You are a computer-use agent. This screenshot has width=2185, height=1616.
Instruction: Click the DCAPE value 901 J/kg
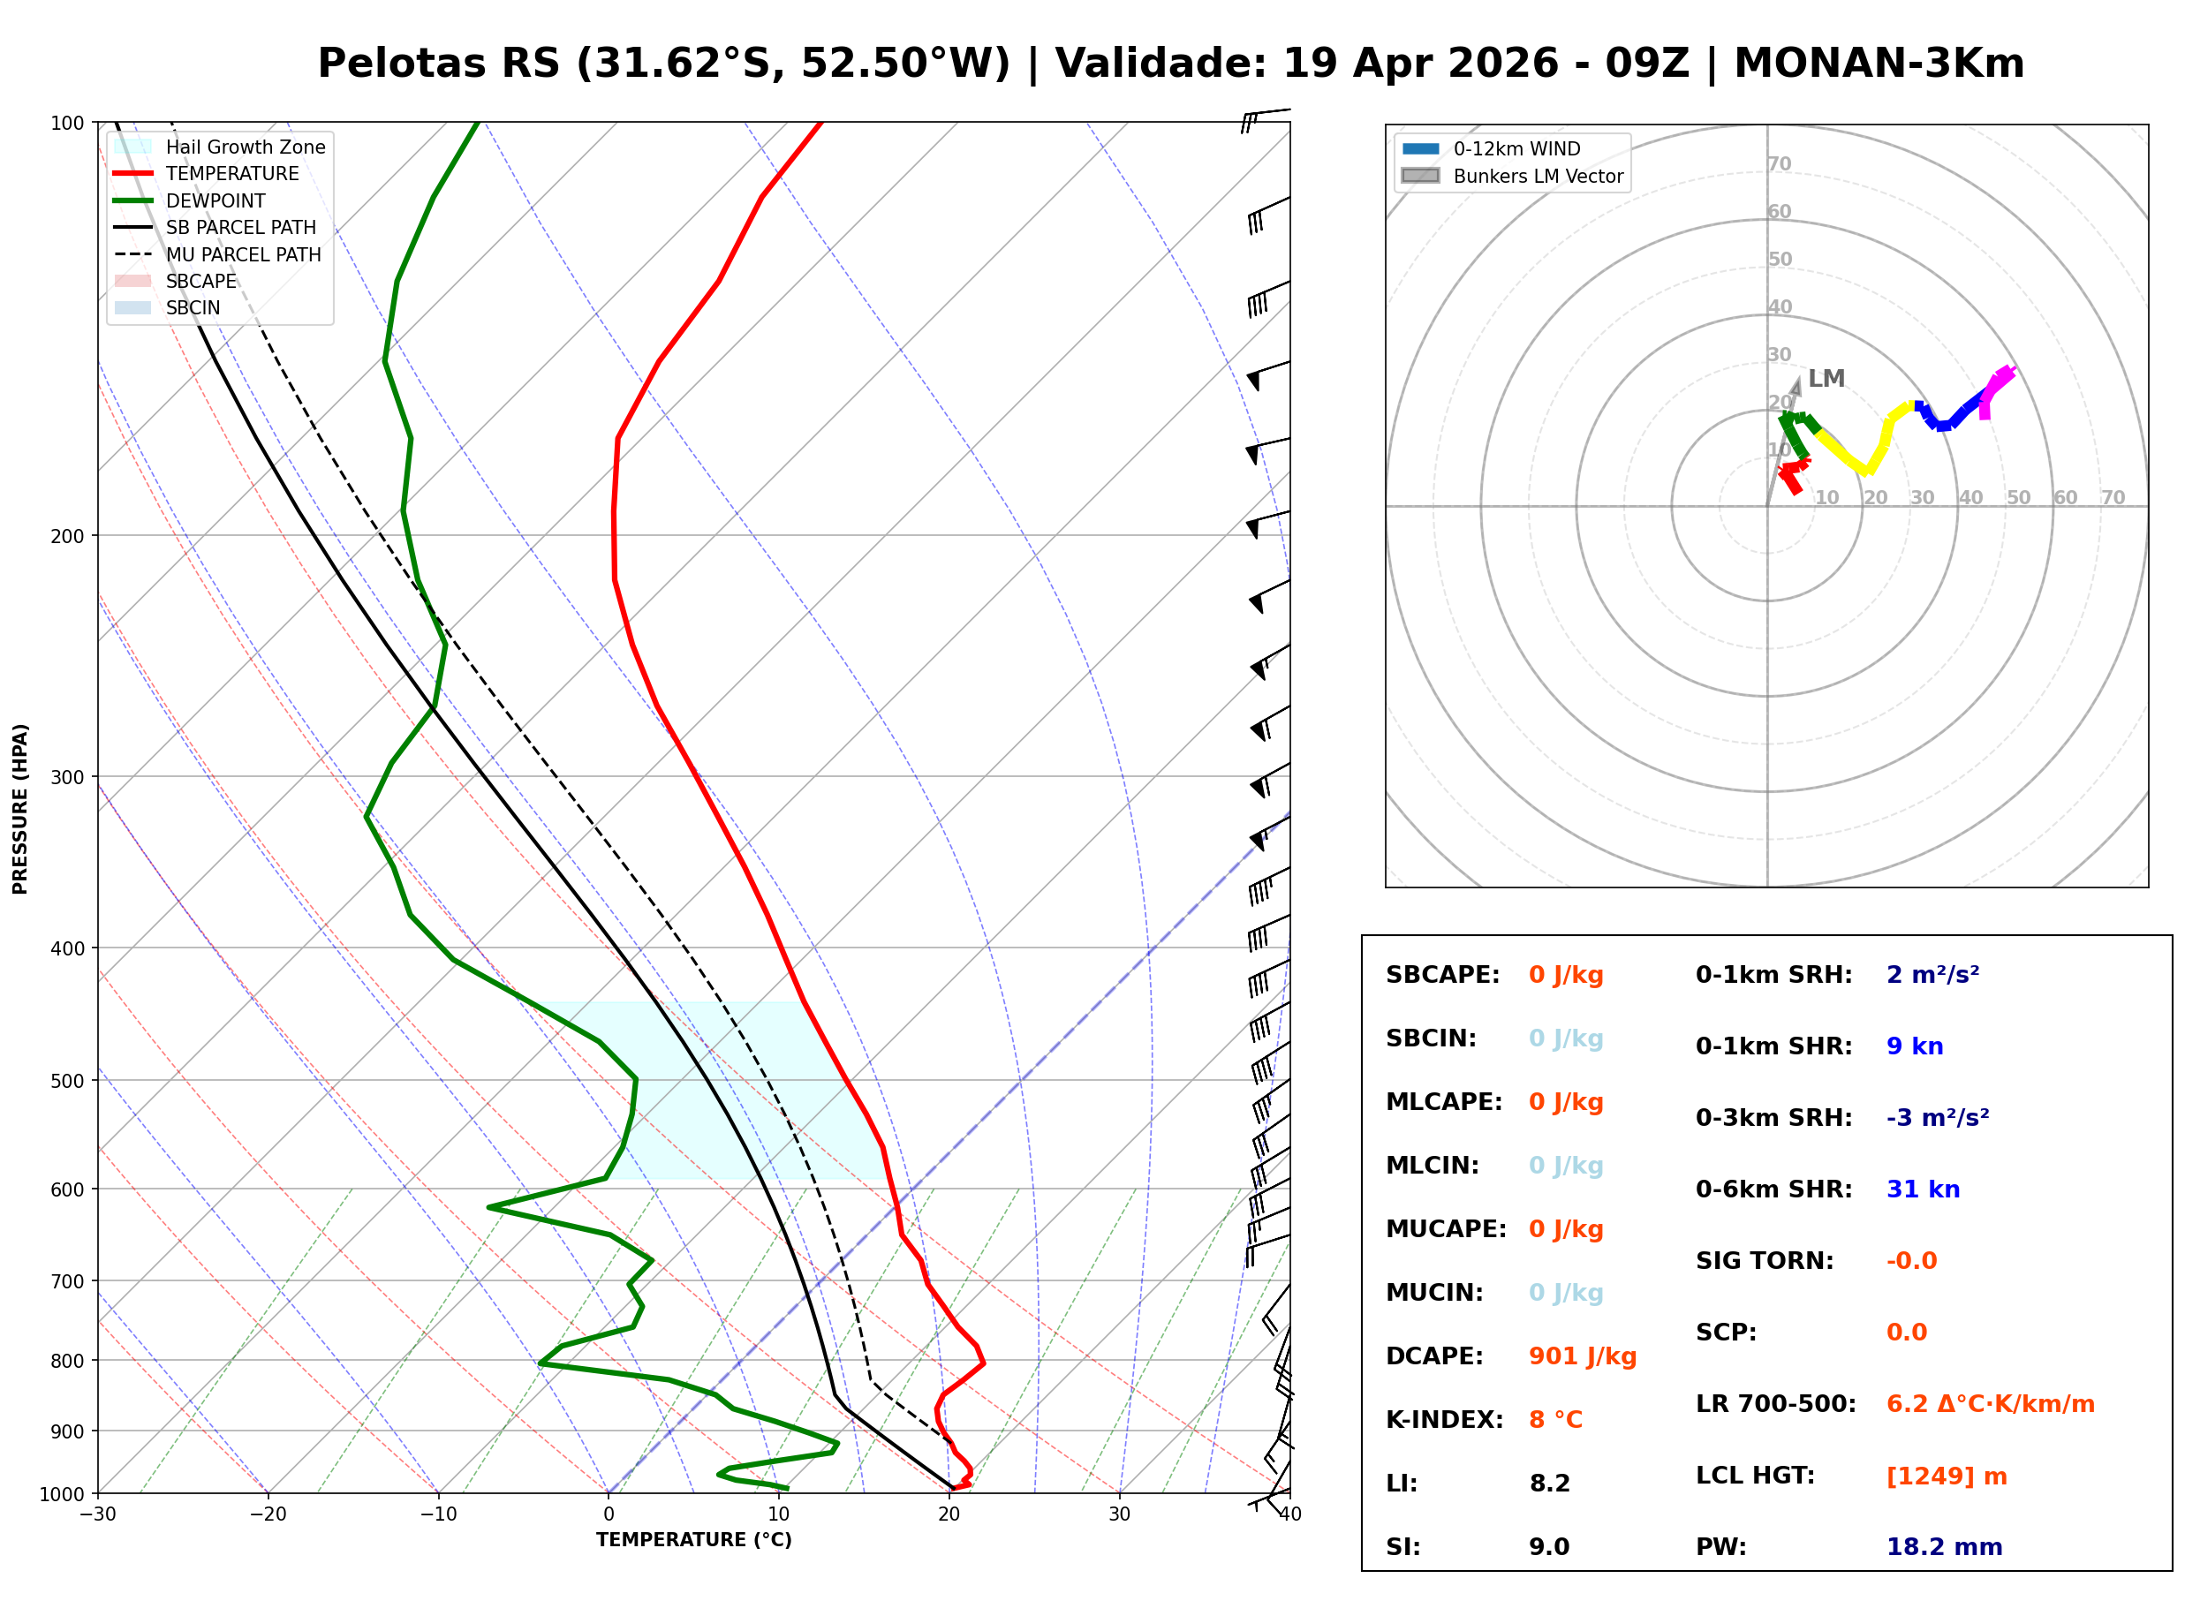click(1582, 1356)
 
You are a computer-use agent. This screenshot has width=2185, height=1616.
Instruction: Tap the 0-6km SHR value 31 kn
click(1922, 1189)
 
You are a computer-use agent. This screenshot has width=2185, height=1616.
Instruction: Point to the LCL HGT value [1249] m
click(1946, 1476)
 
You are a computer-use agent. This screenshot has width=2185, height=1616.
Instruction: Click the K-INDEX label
click(1444, 1420)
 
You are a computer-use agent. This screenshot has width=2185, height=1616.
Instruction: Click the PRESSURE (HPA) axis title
click(20, 809)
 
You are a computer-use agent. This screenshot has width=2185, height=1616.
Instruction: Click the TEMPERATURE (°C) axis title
click(693, 1541)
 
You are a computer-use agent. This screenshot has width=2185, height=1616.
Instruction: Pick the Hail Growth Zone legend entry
click(245, 147)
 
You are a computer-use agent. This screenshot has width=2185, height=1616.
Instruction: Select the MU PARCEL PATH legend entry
click(243, 254)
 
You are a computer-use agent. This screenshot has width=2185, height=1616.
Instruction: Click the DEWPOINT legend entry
click(215, 200)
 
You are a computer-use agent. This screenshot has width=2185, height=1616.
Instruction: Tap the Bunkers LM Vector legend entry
click(1538, 176)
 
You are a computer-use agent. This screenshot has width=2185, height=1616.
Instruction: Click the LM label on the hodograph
click(1825, 379)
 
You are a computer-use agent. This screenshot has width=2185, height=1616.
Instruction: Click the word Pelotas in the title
click(401, 64)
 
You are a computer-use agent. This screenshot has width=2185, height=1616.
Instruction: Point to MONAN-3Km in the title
click(1878, 64)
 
